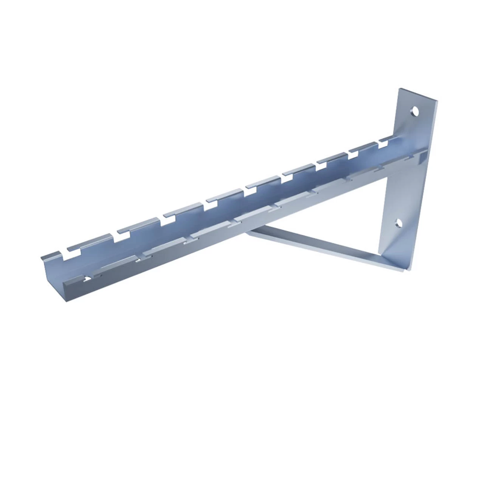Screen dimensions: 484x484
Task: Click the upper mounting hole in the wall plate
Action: click(415, 111)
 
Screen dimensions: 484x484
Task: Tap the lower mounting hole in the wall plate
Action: click(399, 223)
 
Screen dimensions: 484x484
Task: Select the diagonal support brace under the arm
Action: click(314, 245)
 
